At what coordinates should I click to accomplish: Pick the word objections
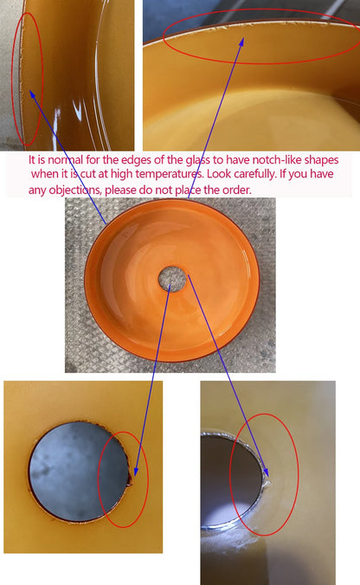point(75,190)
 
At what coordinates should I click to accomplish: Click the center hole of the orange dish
point(172,279)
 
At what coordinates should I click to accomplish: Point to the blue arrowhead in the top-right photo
point(241,41)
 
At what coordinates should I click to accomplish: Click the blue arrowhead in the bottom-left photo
point(136,472)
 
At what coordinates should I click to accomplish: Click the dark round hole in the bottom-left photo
point(79,472)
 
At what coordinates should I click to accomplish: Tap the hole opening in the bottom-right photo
point(229,481)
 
